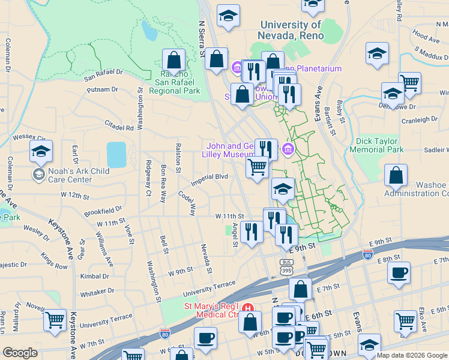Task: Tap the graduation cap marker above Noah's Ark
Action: point(41,152)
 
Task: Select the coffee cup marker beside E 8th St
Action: point(399,274)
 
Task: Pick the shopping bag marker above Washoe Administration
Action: point(396,176)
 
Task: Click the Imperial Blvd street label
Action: point(209,177)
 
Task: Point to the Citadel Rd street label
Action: point(119,127)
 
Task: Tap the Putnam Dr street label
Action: point(102,89)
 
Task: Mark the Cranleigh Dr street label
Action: point(420,119)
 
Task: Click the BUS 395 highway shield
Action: point(287,266)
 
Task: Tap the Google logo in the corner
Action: point(20,353)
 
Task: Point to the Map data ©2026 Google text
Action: point(411,355)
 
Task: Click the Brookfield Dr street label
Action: point(103,211)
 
